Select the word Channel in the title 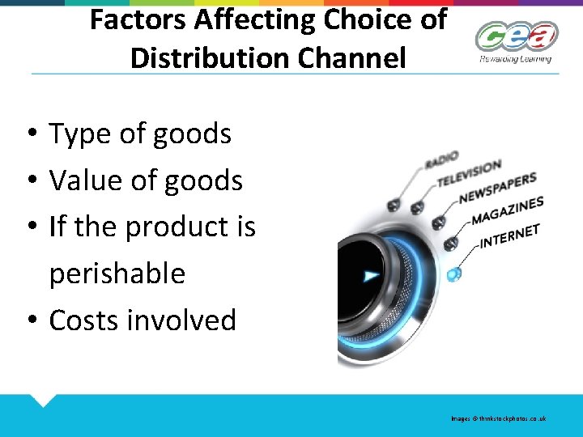coord(360,57)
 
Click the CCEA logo coord(516,37)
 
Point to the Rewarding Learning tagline coord(515,58)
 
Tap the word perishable coord(117,274)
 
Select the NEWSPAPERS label coord(497,189)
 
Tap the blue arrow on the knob coord(372,276)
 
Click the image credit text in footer coord(499,418)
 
